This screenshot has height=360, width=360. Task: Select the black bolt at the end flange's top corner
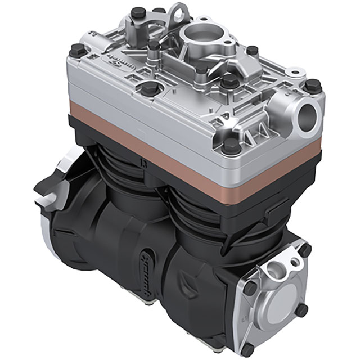pos(304,249)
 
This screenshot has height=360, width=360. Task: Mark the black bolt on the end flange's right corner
pos(302,309)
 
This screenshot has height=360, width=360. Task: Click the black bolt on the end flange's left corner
pos(249,287)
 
